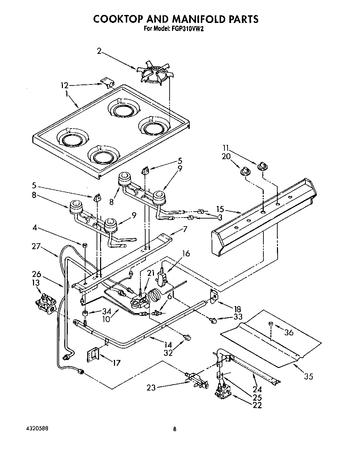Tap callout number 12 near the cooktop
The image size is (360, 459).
pyautogui.click(x=64, y=85)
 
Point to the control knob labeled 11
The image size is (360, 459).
pyautogui.click(x=261, y=166)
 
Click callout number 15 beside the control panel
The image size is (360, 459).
pyautogui.click(x=220, y=210)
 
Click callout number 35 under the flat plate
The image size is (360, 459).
pyautogui.click(x=308, y=376)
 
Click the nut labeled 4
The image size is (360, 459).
pyautogui.click(x=85, y=245)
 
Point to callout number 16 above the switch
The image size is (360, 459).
pyautogui.click(x=186, y=253)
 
